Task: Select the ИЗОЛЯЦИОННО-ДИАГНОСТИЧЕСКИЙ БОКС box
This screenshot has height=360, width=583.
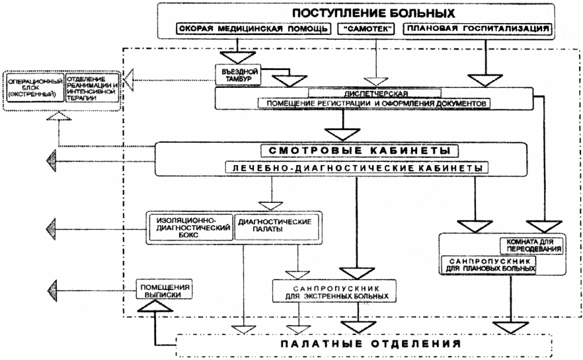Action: point(191,225)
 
